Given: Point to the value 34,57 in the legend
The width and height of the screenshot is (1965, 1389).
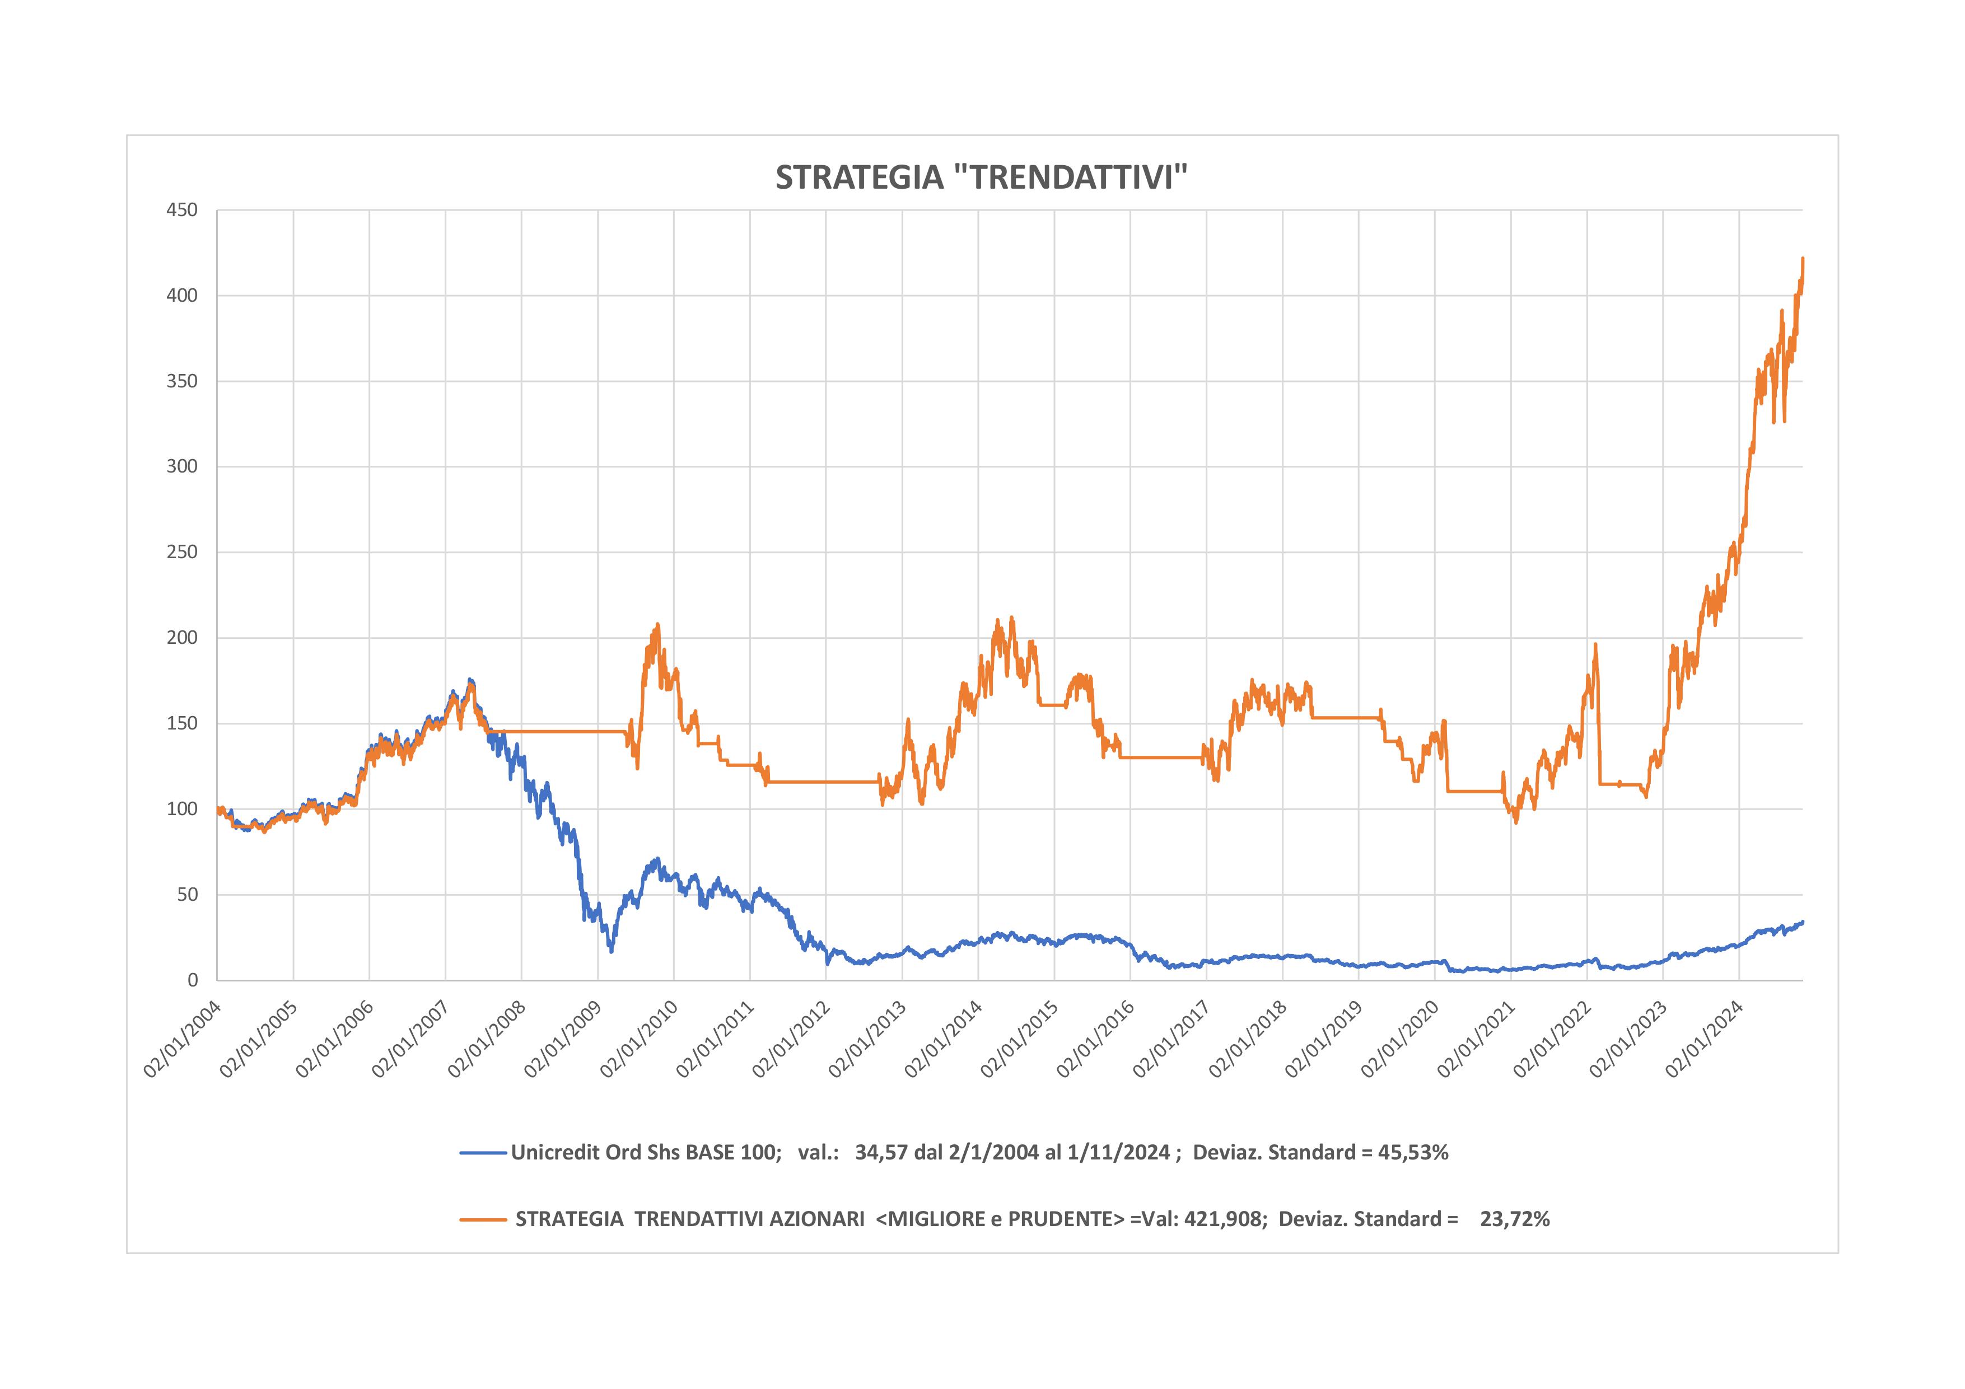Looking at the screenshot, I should (881, 1153).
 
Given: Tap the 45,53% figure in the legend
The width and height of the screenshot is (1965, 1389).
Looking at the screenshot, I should (1413, 1153).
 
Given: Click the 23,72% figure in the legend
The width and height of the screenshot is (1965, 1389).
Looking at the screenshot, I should (1515, 1219).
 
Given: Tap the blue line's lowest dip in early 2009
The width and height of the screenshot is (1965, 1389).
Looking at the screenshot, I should (610, 951).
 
